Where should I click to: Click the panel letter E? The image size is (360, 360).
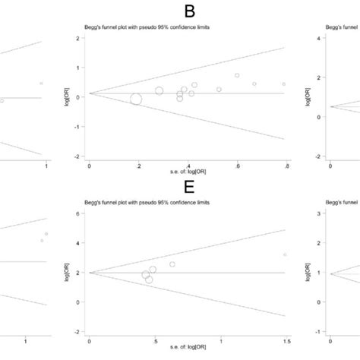coord(185,193)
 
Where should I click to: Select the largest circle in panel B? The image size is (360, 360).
coord(137,99)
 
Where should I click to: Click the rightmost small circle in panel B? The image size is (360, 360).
coord(283,84)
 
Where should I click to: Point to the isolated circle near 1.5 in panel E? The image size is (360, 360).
coord(285,254)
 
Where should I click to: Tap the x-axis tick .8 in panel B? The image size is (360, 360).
coord(286,164)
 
